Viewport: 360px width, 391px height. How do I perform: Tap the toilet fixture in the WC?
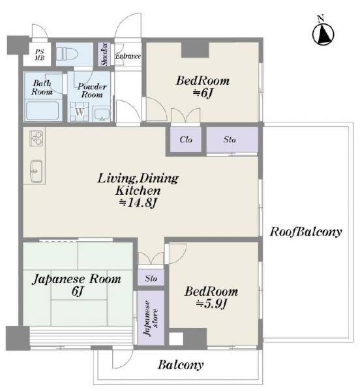(67, 54)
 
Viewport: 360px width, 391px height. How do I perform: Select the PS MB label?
(39, 55)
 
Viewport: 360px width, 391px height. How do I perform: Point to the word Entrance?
(128, 56)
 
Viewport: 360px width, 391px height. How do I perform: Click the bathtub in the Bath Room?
(42, 110)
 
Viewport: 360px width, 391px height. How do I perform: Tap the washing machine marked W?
(79, 112)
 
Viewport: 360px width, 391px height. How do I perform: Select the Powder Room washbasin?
(102, 113)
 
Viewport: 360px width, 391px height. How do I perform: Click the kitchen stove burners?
(37, 138)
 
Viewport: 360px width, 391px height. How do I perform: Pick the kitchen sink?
(37, 171)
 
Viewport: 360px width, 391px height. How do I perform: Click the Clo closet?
(186, 139)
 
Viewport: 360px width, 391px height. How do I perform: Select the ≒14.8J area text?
(138, 203)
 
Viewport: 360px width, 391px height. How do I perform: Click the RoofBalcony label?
(306, 231)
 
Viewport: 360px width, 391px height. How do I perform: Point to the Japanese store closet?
(151, 318)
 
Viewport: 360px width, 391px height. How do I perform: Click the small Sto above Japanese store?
(151, 278)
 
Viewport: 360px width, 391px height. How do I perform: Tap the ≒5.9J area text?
(211, 304)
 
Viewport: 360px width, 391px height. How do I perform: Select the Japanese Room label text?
(76, 279)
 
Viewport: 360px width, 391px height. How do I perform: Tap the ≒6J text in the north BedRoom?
(203, 93)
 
